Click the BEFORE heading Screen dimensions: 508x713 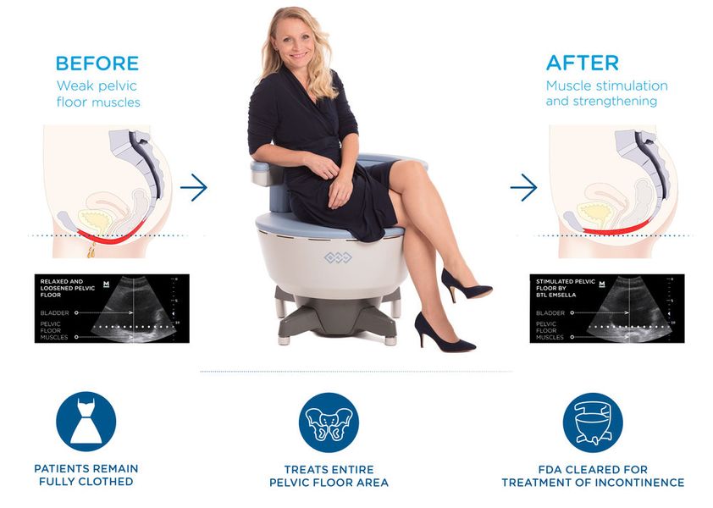pos(97,63)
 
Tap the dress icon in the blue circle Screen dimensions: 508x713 pos(86,421)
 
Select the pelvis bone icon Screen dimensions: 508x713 pos(329,422)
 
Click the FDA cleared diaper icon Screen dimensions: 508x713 pos(592,422)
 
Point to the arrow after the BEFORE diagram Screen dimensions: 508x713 pos(193,187)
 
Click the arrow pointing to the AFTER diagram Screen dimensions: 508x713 pos(523,187)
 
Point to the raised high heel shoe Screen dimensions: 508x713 pos(464,286)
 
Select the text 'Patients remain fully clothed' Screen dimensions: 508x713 pos(86,475)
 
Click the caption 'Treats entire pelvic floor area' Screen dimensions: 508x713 pos(329,475)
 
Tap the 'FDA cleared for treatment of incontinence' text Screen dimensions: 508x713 pos(592,475)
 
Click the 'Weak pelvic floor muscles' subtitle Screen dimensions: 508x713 pos(98,94)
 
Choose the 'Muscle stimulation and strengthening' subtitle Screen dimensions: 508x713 pos(606,94)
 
